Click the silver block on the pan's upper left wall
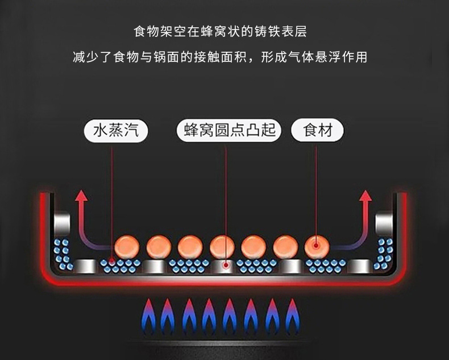click(x=61, y=223)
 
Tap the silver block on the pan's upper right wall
click(x=385, y=223)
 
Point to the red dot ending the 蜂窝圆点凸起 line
click(x=226, y=264)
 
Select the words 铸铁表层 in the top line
click(x=282, y=30)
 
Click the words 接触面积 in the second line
click(x=227, y=57)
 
